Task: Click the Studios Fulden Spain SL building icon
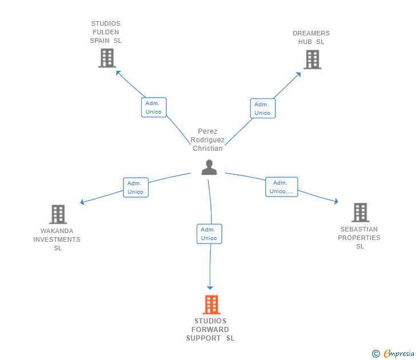107,58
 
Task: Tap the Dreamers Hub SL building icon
312,59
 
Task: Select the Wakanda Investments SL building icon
58,214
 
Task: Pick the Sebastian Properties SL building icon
360,213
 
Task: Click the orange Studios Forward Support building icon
211,305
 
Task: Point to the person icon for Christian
209,167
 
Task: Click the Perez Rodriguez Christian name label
207,140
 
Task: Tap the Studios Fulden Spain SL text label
106,33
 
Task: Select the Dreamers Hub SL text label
311,38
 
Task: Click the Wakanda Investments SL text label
57,240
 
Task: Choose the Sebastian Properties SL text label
359,238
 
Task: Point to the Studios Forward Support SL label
210,330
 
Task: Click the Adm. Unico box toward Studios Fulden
154,107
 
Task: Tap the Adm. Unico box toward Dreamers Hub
262,109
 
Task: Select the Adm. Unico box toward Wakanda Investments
135,187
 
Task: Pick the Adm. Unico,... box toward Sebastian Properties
281,187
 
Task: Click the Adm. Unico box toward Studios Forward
209,234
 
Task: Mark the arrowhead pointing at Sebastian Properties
336,201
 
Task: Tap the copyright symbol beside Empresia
376,354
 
